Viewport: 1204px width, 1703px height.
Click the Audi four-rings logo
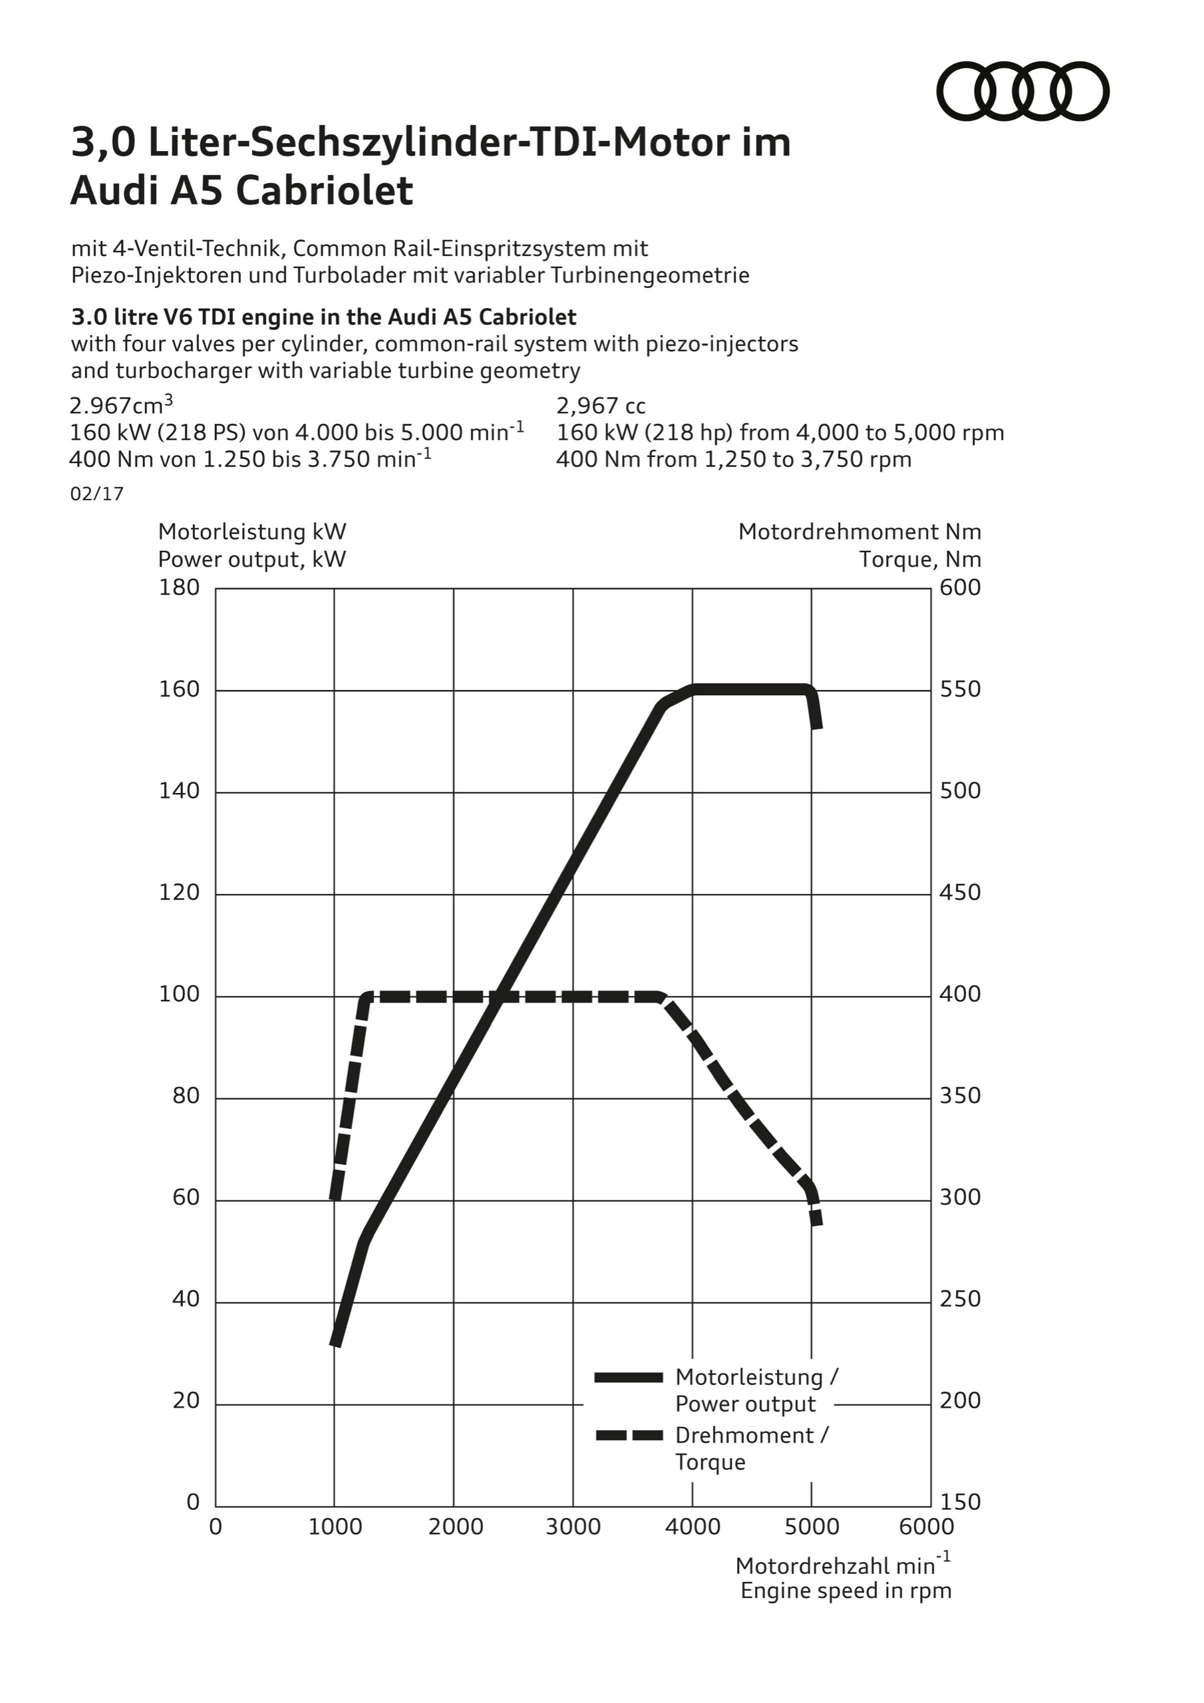coord(1022,91)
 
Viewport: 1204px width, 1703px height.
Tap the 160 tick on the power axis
coord(179,690)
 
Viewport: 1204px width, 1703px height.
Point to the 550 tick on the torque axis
coord(960,690)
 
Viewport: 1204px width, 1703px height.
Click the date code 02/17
coord(96,494)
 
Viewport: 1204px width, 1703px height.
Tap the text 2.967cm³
coord(121,406)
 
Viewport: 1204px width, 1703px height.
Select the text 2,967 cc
coord(601,406)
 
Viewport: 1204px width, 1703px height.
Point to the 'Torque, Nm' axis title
coord(920,559)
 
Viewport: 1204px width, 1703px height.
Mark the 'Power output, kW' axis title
coord(251,559)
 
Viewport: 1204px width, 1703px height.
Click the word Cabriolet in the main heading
coord(324,192)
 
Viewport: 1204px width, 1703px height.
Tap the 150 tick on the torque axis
coord(960,1502)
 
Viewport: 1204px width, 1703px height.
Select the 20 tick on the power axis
coord(186,1400)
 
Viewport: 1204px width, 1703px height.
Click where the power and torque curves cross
coord(500,997)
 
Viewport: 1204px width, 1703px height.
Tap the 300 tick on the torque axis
coord(960,1197)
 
